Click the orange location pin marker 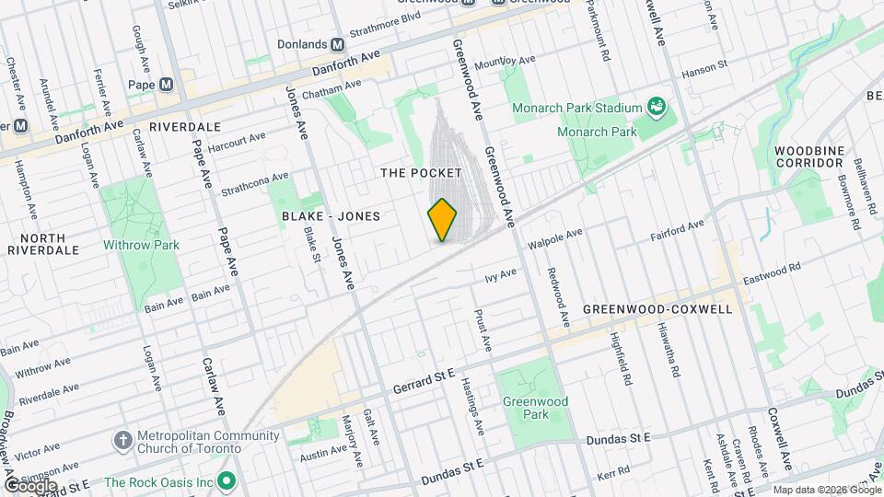[x=443, y=220]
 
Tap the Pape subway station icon [x=166, y=84]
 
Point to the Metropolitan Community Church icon [x=123, y=441]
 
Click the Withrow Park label [x=141, y=245]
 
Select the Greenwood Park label [x=535, y=408]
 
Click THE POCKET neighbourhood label [x=421, y=173]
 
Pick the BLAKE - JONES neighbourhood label [x=331, y=215]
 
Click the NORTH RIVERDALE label [x=36, y=244]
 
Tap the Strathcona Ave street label [x=255, y=183]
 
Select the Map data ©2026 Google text [x=826, y=490]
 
